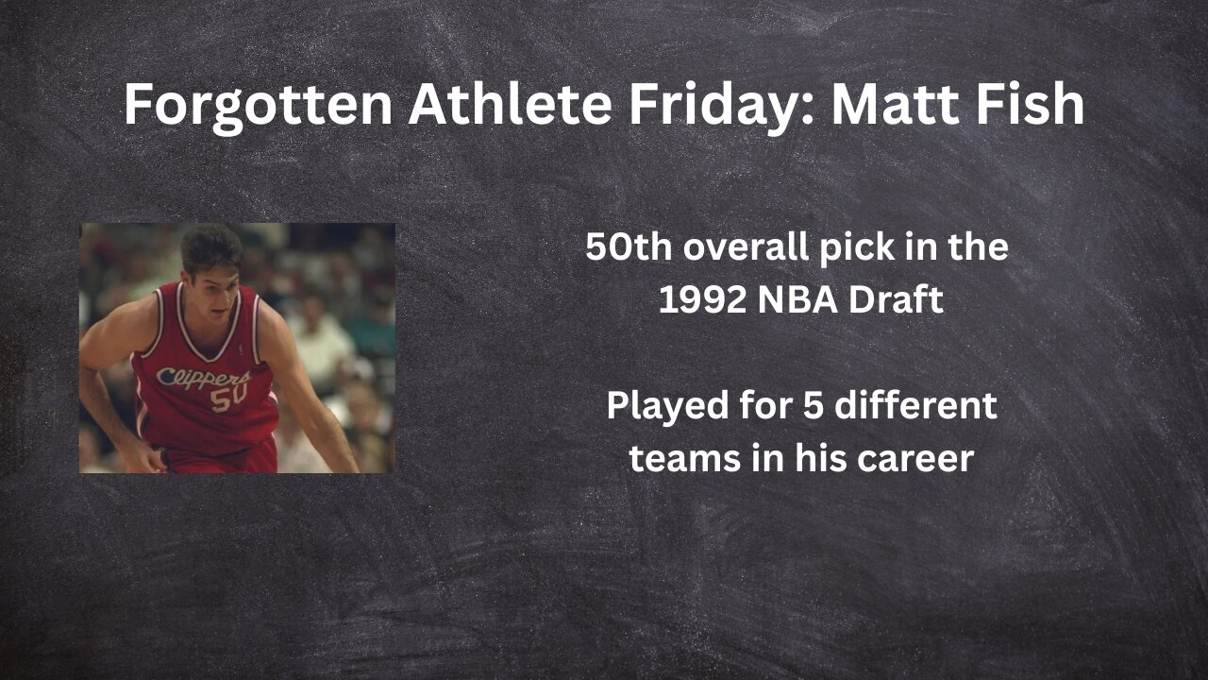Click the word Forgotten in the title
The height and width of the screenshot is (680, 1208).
pos(258,105)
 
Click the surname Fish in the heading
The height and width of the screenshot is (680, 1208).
pos(1034,105)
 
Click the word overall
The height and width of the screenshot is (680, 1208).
pos(744,247)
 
